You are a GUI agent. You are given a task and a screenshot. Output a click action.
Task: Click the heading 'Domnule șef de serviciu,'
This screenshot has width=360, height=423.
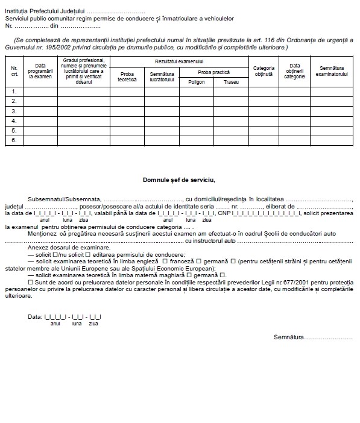178,179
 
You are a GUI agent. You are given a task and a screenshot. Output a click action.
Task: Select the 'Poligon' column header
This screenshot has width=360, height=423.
196,81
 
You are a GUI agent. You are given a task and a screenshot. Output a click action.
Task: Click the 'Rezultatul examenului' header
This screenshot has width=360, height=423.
179,61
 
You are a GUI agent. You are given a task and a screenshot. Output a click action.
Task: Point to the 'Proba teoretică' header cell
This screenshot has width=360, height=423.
127,76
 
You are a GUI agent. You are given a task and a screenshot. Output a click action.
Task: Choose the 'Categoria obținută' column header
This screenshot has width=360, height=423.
263,71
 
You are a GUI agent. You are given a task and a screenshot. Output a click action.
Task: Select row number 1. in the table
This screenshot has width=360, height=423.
14,92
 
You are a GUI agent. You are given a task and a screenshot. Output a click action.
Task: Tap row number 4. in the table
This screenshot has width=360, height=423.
14,121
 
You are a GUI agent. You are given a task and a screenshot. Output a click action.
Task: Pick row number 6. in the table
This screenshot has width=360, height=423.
14,140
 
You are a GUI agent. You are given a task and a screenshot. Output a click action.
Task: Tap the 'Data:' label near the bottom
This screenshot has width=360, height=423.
35,316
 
